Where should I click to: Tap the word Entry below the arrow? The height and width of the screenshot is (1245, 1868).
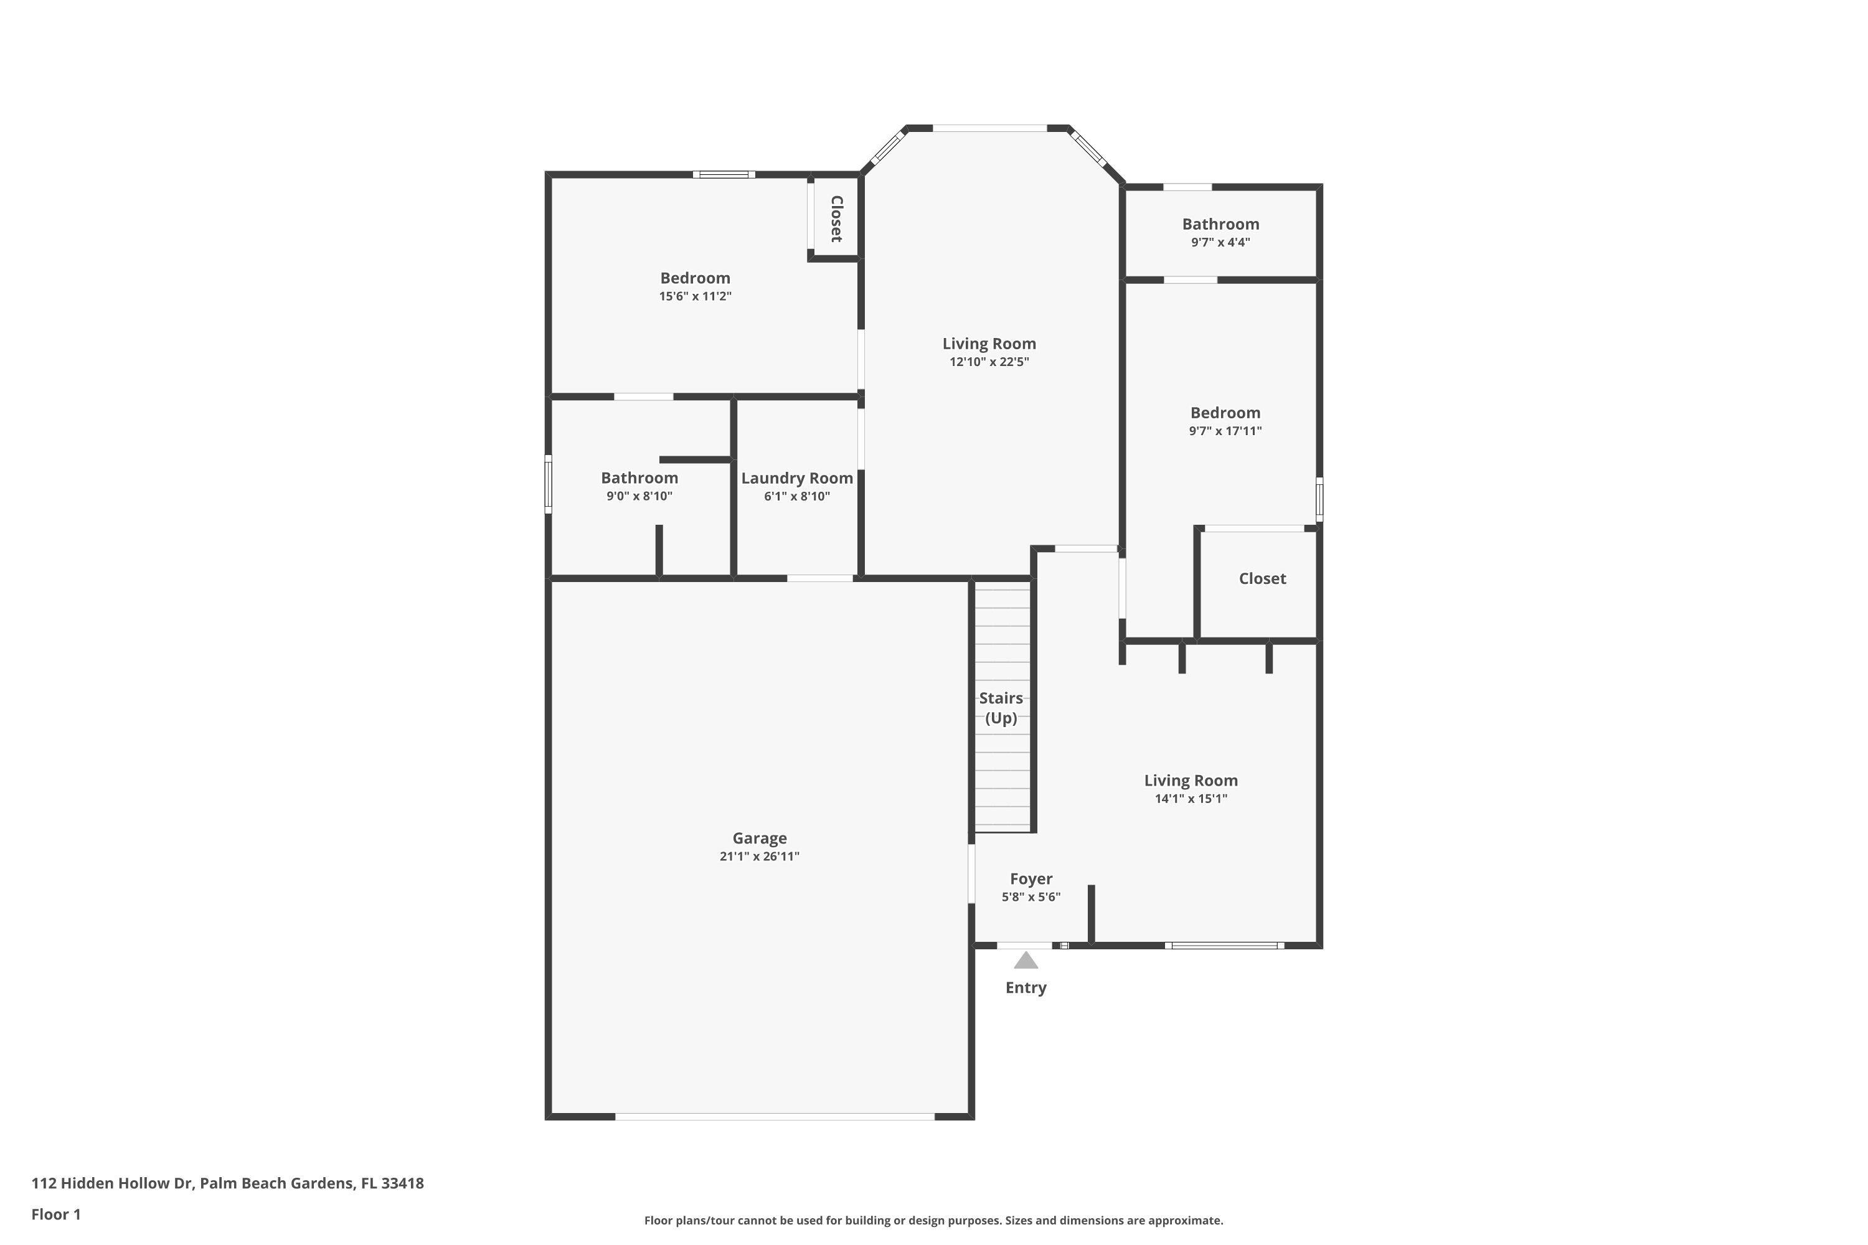[x=1026, y=988]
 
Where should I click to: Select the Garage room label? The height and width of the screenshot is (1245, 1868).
[x=759, y=838]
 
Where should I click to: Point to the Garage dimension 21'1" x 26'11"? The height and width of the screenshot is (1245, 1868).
[x=759, y=856]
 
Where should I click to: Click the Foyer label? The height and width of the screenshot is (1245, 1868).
[x=1031, y=878]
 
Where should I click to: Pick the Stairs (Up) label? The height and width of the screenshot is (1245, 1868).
[x=1001, y=707]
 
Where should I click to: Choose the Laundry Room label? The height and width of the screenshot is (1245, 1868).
[x=796, y=478]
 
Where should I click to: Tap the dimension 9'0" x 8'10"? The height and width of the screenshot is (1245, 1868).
[x=639, y=496]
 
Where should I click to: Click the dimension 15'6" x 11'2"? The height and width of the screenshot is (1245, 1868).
[x=695, y=296]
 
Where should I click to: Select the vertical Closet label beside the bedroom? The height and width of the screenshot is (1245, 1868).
[x=836, y=219]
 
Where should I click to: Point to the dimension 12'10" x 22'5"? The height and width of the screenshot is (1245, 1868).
[x=989, y=362]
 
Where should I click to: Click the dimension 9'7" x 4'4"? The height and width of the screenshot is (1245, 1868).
[x=1220, y=242]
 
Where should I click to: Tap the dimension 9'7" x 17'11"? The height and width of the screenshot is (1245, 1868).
[x=1225, y=431]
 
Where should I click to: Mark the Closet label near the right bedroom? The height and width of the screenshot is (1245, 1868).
[x=1262, y=579]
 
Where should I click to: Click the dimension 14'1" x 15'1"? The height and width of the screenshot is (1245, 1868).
[x=1191, y=799]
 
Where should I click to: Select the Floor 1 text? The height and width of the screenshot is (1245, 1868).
[x=55, y=1214]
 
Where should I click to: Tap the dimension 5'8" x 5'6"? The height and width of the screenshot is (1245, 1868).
[x=1031, y=897]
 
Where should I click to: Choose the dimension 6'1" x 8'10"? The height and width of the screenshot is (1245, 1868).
[x=796, y=496]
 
